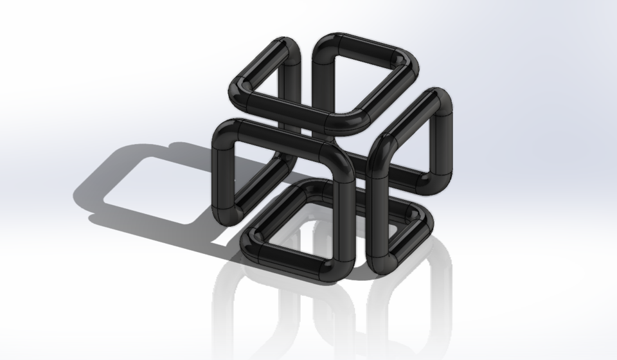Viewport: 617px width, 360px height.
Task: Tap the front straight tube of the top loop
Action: [289, 109]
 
